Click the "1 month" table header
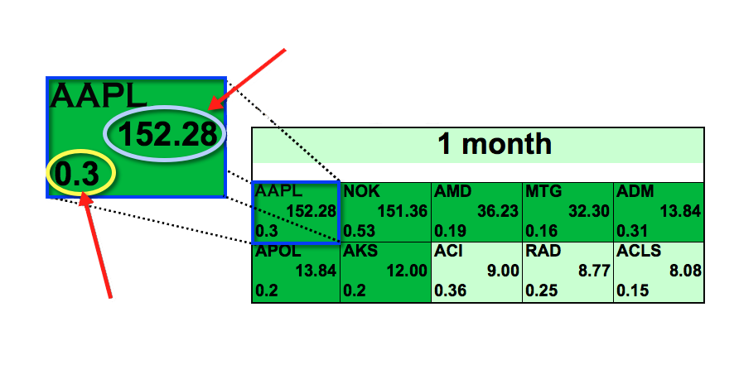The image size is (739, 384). coord(495,143)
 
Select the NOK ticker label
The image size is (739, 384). coord(361,191)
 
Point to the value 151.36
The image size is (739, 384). coord(402,211)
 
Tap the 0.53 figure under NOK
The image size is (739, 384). coord(359,231)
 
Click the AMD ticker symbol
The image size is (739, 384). coord(452,191)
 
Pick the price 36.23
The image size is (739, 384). coord(498,211)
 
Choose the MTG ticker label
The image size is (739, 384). coord(543,191)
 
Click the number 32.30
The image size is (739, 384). coord(589,211)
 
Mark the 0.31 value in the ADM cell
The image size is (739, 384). coord(632,231)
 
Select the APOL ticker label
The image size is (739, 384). coord(278,251)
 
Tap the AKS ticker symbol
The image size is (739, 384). coord(360,251)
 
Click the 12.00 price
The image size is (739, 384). coord(407,271)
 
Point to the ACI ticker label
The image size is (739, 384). coord(448,251)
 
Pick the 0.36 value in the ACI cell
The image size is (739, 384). coord(450,290)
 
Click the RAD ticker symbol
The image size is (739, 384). coord(543,251)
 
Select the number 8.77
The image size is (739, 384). coord(594,271)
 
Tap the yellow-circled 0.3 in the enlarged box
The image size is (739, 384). coord(77,174)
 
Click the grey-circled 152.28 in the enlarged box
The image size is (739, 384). coord(168,134)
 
